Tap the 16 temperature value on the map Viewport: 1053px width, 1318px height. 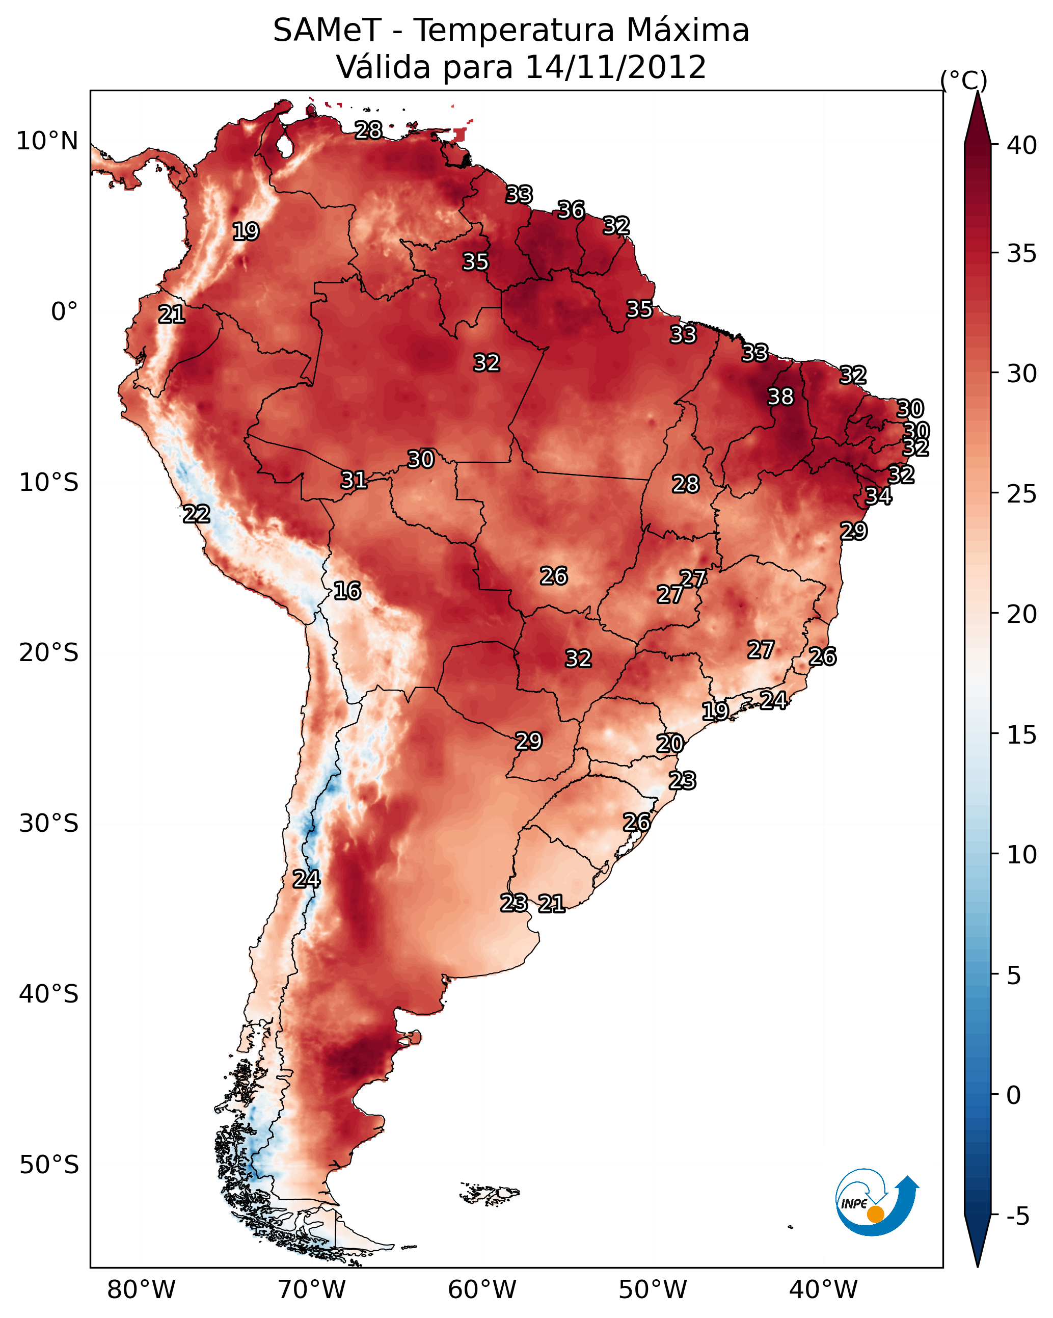[x=347, y=591]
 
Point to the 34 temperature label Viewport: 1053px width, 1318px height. [x=878, y=496]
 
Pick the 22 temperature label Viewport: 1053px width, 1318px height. [x=197, y=514]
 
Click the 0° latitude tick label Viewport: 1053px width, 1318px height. [x=64, y=312]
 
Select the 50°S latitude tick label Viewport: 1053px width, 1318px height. [x=49, y=1165]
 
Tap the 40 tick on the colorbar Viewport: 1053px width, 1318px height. [x=1022, y=145]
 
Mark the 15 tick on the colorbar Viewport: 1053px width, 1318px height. [x=1022, y=735]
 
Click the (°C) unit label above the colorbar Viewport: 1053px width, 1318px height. [x=964, y=80]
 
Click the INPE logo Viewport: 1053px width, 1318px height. [x=876, y=1204]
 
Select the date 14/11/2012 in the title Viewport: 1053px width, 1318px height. [x=615, y=67]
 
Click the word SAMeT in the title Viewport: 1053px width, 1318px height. [x=328, y=31]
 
